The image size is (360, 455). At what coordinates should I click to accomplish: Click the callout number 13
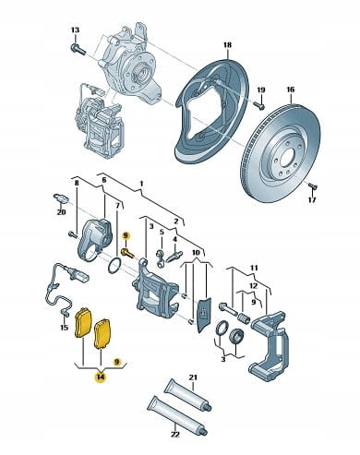[x=75, y=30]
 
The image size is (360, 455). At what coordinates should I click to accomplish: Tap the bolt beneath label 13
[x=78, y=49]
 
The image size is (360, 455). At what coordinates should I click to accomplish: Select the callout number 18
[x=227, y=45]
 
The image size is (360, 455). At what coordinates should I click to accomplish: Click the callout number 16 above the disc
[x=291, y=90]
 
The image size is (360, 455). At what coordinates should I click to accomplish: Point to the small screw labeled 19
[x=260, y=106]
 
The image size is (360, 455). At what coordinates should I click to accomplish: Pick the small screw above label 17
[x=313, y=186]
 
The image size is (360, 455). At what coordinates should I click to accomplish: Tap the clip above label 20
[x=61, y=198]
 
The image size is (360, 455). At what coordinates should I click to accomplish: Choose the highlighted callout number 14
[x=101, y=377]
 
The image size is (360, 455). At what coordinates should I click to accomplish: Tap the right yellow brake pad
[x=103, y=334]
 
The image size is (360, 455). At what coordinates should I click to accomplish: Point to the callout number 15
[x=64, y=328]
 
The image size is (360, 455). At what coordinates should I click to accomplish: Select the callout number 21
[x=194, y=377]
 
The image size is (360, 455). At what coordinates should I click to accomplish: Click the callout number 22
[x=174, y=435]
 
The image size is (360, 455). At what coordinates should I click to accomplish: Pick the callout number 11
[x=254, y=269]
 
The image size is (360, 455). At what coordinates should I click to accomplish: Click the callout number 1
[x=141, y=184]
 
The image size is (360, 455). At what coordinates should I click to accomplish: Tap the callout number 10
[x=196, y=253]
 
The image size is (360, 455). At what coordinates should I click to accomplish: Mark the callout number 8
[x=77, y=183]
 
